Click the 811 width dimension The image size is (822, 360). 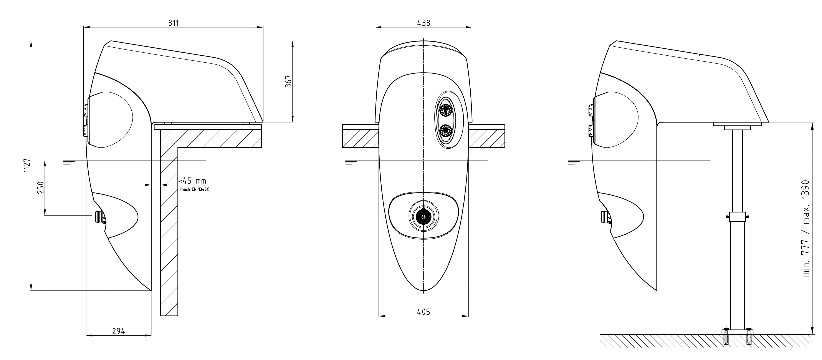click(x=174, y=23)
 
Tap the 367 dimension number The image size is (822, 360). click(x=288, y=81)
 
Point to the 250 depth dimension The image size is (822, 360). click(x=41, y=188)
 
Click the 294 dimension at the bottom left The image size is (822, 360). click(x=118, y=331)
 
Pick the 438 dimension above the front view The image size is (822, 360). click(x=424, y=23)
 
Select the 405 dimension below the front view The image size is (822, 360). click(x=423, y=312)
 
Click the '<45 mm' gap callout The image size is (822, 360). click(x=192, y=181)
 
